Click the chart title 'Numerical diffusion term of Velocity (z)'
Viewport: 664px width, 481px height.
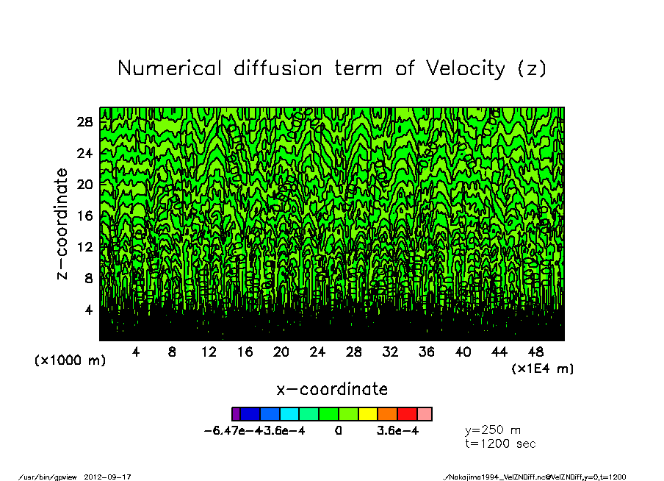click(332, 69)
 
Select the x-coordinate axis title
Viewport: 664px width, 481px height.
click(332, 389)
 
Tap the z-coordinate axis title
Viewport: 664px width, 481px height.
click(62, 224)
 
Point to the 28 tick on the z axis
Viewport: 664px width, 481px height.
click(85, 122)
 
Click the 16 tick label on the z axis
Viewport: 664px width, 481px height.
click(85, 215)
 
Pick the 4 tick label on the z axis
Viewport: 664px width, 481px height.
click(88, 310)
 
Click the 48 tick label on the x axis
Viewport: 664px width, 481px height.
click(535, 352)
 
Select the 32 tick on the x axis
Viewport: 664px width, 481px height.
click(390, 352)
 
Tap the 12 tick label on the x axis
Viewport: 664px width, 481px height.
click(209, 352)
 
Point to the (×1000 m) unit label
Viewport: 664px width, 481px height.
click(71, 361)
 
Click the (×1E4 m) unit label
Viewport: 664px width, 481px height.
click(542, 368)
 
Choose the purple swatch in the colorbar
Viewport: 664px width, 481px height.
click(236, 414)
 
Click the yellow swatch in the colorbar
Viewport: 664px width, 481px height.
click(367, 414)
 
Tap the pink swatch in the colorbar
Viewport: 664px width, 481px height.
click(425, 414)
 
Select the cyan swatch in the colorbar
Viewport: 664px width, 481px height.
click(289, 414)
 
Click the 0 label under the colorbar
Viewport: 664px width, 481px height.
click(338, 431)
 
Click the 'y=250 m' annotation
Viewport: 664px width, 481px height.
click(493, 430)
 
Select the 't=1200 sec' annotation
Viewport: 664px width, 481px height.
click(500, 443)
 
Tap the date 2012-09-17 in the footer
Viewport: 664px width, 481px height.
click(113, 477)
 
